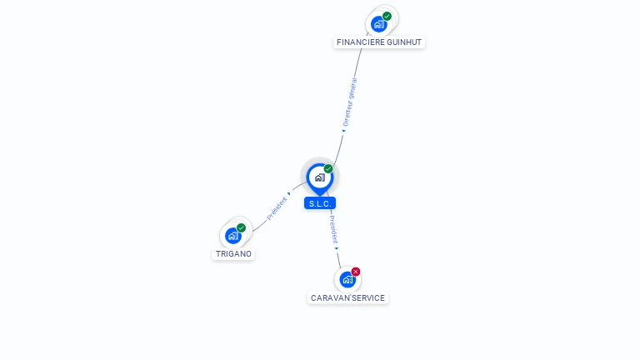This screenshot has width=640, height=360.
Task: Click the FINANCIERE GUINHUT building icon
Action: pos(379,24)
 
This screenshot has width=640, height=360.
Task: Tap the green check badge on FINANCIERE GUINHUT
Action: pos(387,16)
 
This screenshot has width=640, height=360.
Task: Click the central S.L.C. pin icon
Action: pos(319,177)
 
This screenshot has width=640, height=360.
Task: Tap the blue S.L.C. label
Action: pos(320,203)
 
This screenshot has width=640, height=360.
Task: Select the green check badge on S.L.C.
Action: pos(328,168)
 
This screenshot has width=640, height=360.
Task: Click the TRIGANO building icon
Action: pos(233,236)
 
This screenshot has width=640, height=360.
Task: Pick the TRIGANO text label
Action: pos(234,253)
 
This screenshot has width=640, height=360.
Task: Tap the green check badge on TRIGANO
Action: pos(242,227)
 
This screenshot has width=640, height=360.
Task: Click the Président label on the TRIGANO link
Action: pos(277,208)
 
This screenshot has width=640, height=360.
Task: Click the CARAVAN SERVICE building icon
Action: pos(347,280)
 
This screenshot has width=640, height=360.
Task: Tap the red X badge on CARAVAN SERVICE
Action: pos(356,272)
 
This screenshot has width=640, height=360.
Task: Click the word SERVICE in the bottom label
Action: pos(368,297)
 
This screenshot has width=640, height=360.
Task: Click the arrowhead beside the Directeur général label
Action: pos(343,131)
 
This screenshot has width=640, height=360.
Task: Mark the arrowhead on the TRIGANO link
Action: pos(289,194)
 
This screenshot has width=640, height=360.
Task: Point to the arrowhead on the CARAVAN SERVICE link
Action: pos(337,247)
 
